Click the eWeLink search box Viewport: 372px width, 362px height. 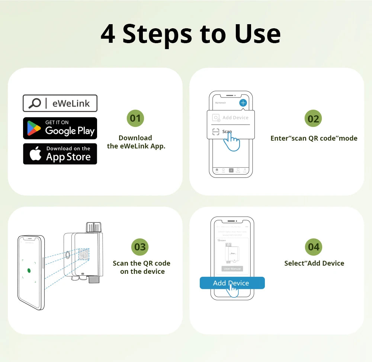tap(60, 103)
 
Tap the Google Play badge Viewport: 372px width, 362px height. tap(60, 128)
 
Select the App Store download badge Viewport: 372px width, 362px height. tap(60, 154)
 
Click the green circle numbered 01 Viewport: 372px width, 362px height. tap(135, 118)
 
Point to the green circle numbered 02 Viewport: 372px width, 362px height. tap(314, 119)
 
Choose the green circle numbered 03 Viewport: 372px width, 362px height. tap(140, 247)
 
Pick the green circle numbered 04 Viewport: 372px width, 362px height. tap(314, 247)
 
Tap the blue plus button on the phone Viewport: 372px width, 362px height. tap(243, 103)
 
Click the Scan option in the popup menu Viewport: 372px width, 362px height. tap(227, 131)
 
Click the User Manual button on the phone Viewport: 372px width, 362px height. tap(232, 269)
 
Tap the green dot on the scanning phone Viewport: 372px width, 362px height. tap(29, 270)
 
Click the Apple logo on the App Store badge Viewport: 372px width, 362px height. tap(36, 154)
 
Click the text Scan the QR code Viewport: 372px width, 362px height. tap(141, 263)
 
